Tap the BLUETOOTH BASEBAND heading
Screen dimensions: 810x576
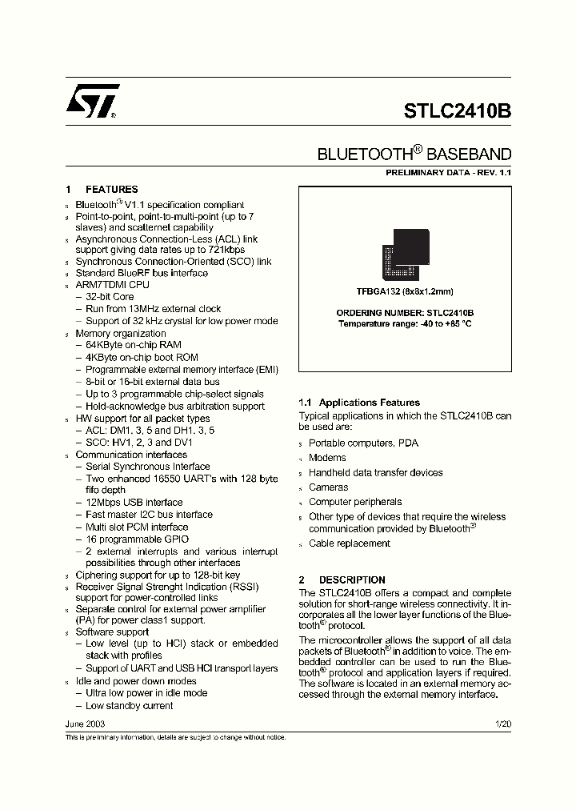(x=414, y=154)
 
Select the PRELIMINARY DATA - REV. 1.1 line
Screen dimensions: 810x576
(x=448, y=173)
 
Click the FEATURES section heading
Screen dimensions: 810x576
(x=111, y=190)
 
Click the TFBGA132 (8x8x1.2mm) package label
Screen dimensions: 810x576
(x=405, y=292)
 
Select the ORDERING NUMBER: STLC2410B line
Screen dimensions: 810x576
(x=405, y=313)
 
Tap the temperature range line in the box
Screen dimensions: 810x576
(x=405, y=323)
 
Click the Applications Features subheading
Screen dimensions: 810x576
(x=358, y=403)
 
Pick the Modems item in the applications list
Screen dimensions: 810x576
(x=327, y=458)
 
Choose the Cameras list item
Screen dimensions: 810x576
(x=329, y=487)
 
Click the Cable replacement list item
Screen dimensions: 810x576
(x=350, y=543)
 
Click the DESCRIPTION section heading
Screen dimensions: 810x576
(x=352, y=579)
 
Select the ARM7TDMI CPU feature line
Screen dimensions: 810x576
(x=112, y=284)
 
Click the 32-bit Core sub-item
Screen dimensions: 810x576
(x=110, y=296)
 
